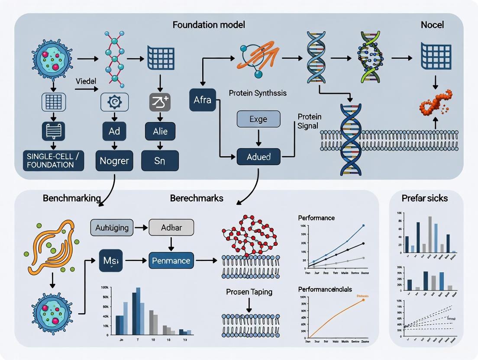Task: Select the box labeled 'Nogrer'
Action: coord(114,161)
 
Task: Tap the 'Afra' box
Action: coord(202,100)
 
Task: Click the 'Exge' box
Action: coord(258,119)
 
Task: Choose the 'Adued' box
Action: coord(258,156)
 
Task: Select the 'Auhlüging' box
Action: coord(112,228)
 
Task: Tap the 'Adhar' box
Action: coord(171,228)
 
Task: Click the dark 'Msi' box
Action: coord(111,260)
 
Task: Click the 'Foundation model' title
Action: coord(209,25)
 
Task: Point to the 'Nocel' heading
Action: coord(432,25)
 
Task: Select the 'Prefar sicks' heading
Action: coord(425,198)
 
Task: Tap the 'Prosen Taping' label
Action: coord(249,292)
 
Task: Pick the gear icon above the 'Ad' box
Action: coord(114,102)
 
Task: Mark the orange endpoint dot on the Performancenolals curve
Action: coord(363,299)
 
